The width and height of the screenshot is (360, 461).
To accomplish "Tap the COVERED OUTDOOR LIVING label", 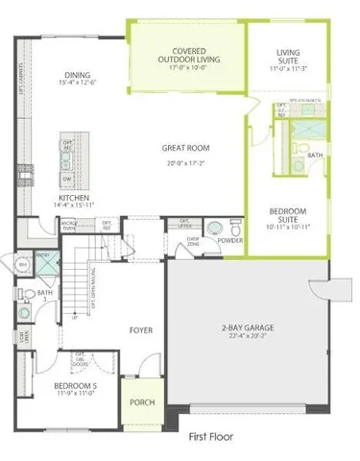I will tap(189, 55).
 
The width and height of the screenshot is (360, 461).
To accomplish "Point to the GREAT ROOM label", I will tap(186, 148).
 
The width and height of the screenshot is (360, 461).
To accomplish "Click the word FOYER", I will tap(142, 329).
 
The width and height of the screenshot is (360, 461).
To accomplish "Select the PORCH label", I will tap(141, 402).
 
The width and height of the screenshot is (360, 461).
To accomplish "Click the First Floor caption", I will tap(210, 435).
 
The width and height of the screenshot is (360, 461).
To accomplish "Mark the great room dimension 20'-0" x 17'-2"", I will tap(186, 162).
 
